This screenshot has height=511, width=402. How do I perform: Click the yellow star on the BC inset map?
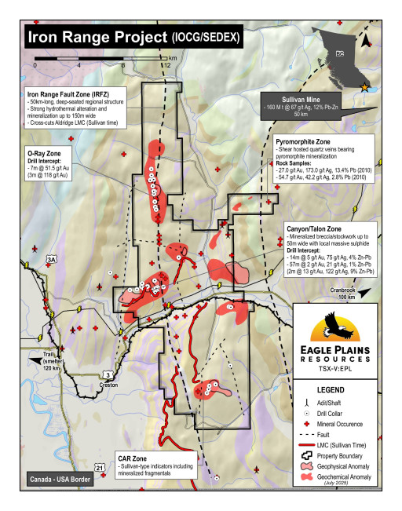(362, 86)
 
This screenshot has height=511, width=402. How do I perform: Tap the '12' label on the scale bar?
(166, 66)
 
